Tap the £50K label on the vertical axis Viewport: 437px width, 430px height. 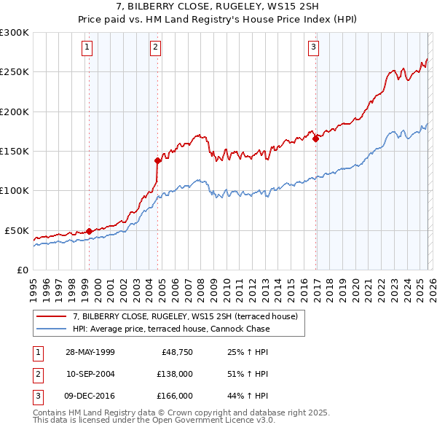coord(17,230)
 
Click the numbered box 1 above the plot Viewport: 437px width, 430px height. coord(87,48)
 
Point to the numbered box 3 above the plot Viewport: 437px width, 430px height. coord(314,48)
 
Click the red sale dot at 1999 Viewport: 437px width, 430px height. coord(90,231)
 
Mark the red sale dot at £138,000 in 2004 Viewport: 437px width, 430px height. coord(157,160)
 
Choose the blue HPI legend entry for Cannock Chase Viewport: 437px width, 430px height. coord(171,329)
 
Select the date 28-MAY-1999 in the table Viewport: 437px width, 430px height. coord(90,352)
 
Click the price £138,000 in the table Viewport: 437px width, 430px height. coord(176,374)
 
